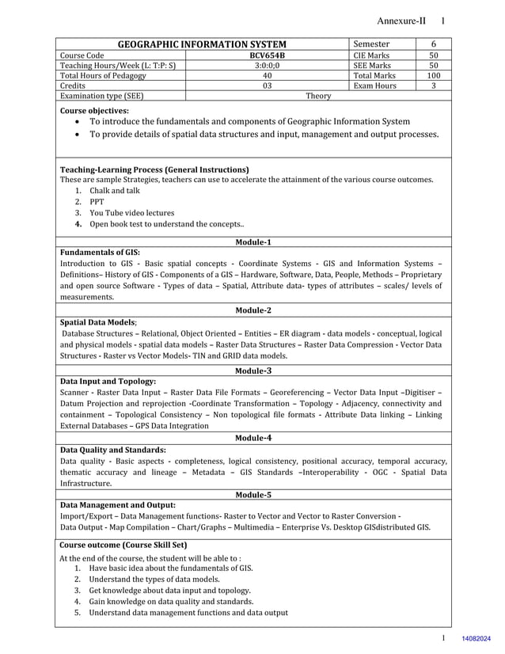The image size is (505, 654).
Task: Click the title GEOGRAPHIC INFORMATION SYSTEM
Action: click(x=202, y=44)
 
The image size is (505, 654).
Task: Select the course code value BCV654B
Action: click(x=268, y=55)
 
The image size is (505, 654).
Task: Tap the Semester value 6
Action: click(x=434, y=44)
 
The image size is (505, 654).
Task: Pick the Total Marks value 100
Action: click(x=433, y=76)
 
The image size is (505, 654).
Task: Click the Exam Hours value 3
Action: click(x=434, y=86)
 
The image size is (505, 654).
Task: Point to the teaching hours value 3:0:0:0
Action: click(x=268, y=66)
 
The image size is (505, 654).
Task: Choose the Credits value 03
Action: click(x=268, y=86)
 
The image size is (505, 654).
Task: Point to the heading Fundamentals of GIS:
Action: click(x=100, y=252)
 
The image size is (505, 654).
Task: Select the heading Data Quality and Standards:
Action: click(x=113, y=449)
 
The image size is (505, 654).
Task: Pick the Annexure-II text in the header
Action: click(x=401, y=21)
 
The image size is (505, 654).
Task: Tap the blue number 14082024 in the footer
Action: click(x=476, y=638)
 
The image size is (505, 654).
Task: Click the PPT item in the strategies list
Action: click(x=97, y=202)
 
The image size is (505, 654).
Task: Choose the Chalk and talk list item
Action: click(x=115, y=191)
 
